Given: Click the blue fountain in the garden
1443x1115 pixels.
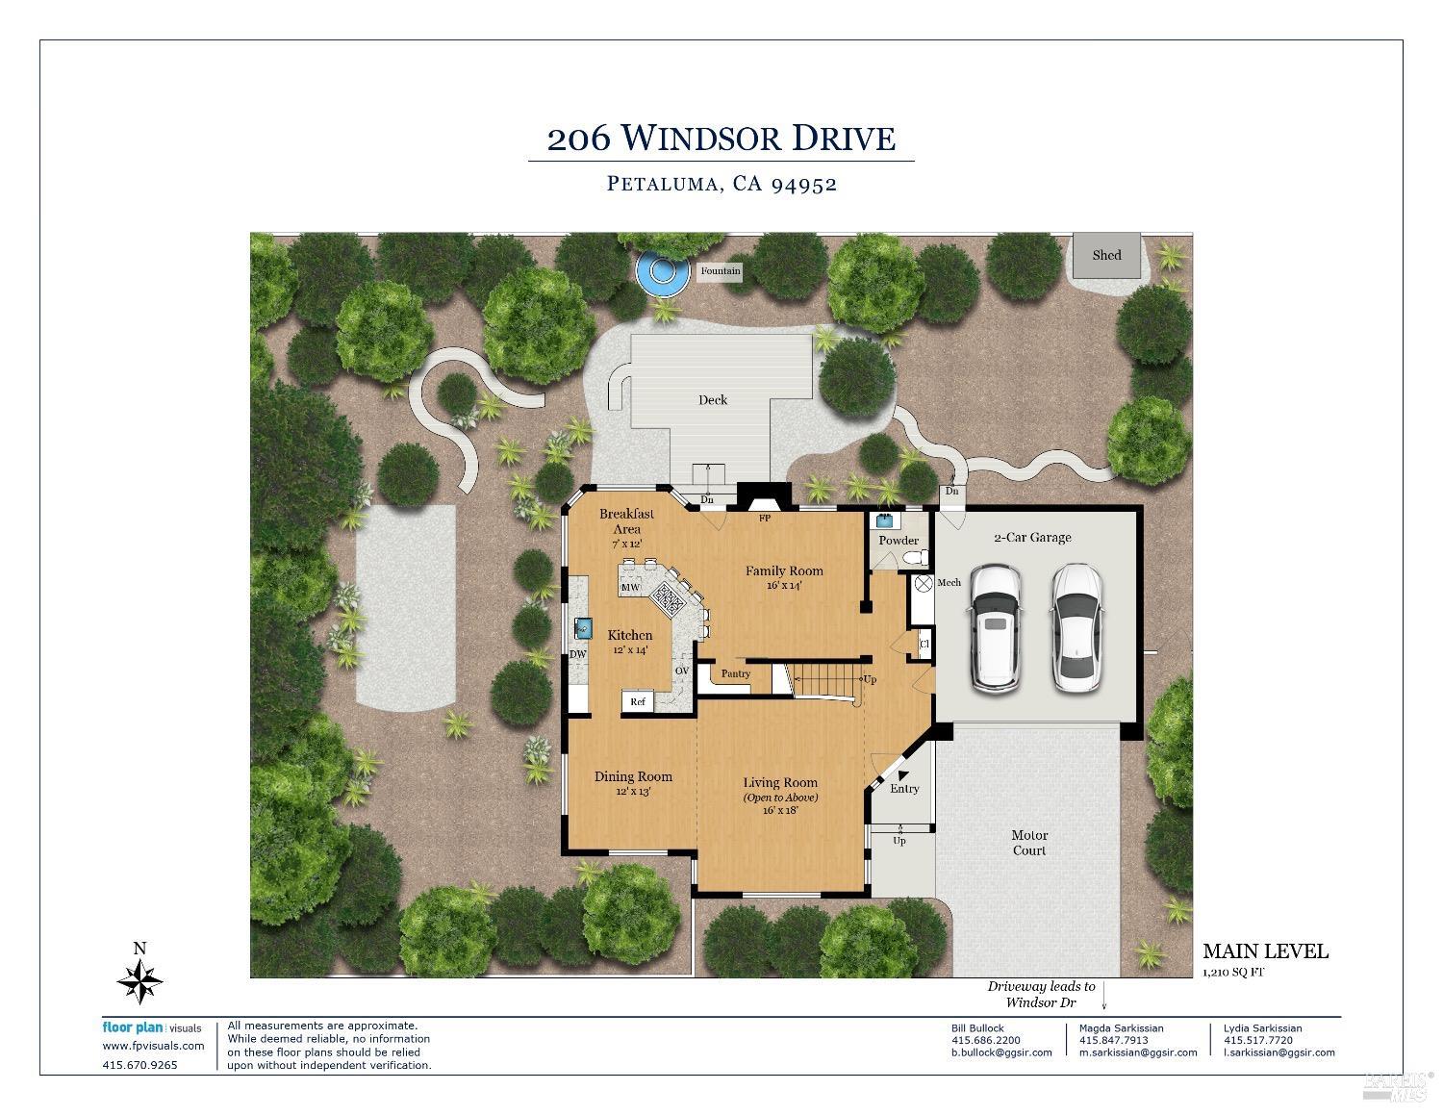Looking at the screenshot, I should tap(663, 272).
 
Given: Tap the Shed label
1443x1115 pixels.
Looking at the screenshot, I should tap(1106, 255).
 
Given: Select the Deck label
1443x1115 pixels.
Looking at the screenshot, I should tap(713, 399).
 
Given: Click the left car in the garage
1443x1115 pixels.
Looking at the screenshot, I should tap(994, 627).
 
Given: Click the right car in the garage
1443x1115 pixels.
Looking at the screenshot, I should tap(1075, 627).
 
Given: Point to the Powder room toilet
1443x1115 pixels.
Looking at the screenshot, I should tap(919, 558).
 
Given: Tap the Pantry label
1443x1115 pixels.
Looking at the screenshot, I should tap(736, 673).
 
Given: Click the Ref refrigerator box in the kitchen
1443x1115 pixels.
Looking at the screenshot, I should tap(638, 702).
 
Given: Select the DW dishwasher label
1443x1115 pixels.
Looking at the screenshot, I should tap(578, 654).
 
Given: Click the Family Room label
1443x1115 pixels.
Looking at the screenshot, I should tap(784, 570).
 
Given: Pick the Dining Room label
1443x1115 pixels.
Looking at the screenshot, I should tap(633, 776).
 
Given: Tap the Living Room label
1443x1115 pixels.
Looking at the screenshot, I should tap(779, 783).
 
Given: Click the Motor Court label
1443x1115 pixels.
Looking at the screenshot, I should tap(1029, 843).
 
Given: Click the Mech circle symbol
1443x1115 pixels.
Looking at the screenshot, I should tap(922, 583).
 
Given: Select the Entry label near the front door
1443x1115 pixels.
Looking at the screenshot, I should tap(904, 789).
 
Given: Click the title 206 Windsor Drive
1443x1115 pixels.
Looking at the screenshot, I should tap(721, 139).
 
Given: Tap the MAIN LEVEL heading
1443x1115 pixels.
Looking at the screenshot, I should tap(1265, 951).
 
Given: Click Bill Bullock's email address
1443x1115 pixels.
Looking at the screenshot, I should tap(1000, 1052).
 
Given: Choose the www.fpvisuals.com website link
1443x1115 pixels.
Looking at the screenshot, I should tap(153, 1046).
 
